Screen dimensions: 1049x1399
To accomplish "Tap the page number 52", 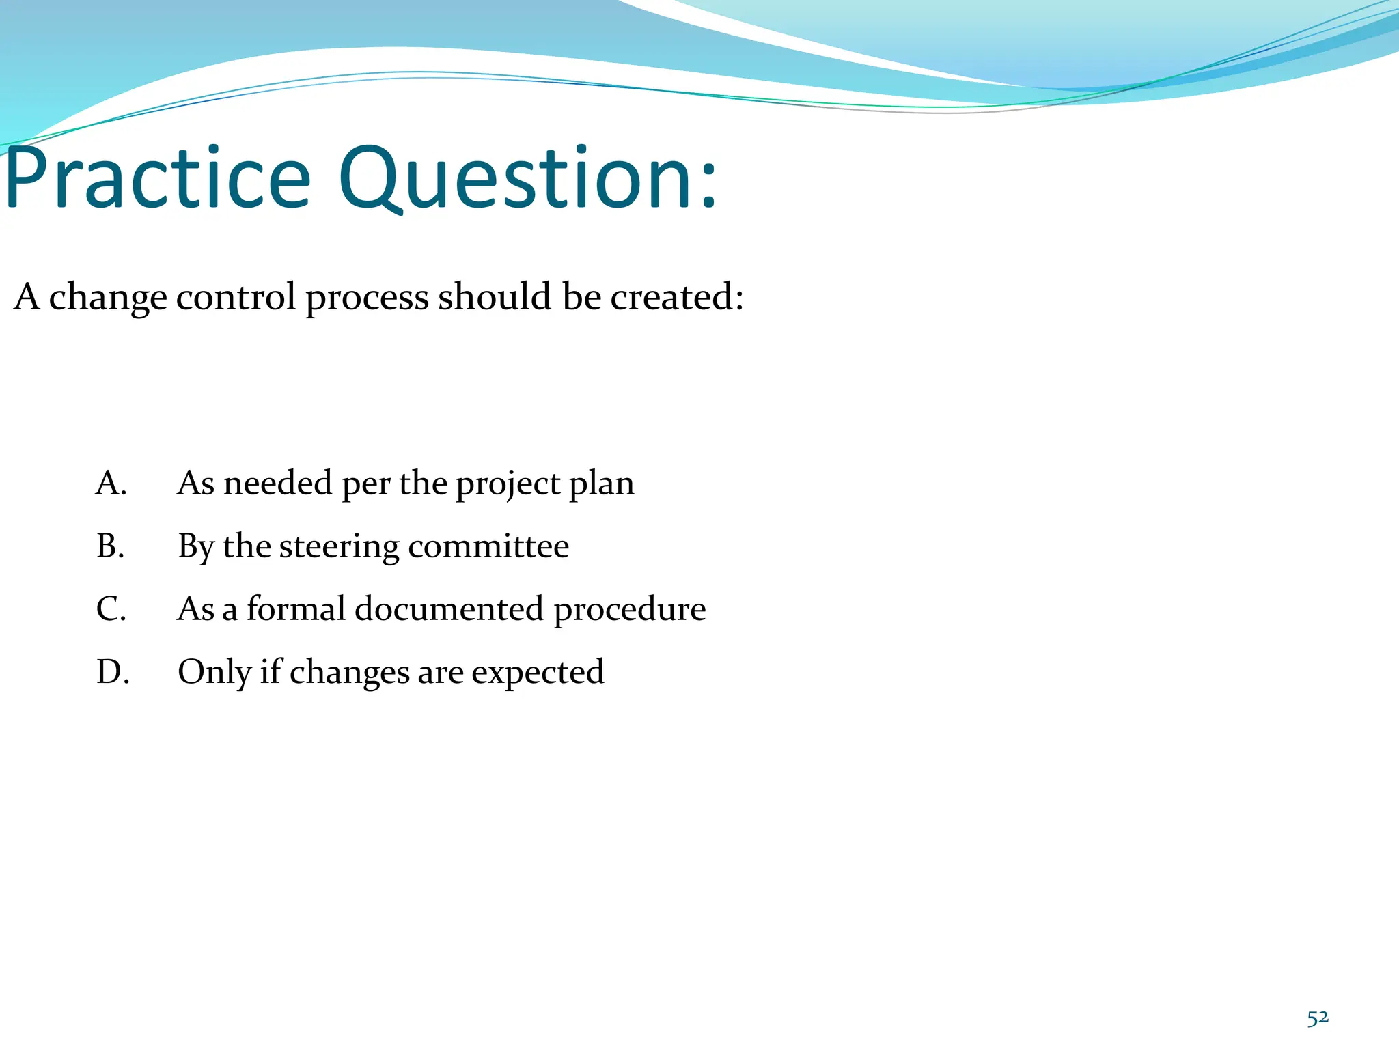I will [1318, 1018].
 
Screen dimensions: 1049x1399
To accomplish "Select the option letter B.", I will [110, 546].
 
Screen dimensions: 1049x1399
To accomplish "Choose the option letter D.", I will [112, 671].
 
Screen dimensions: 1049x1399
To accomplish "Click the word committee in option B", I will [488, 546].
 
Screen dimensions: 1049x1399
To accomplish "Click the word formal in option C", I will [296, 609].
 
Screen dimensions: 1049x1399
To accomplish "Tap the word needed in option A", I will [278, 483].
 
